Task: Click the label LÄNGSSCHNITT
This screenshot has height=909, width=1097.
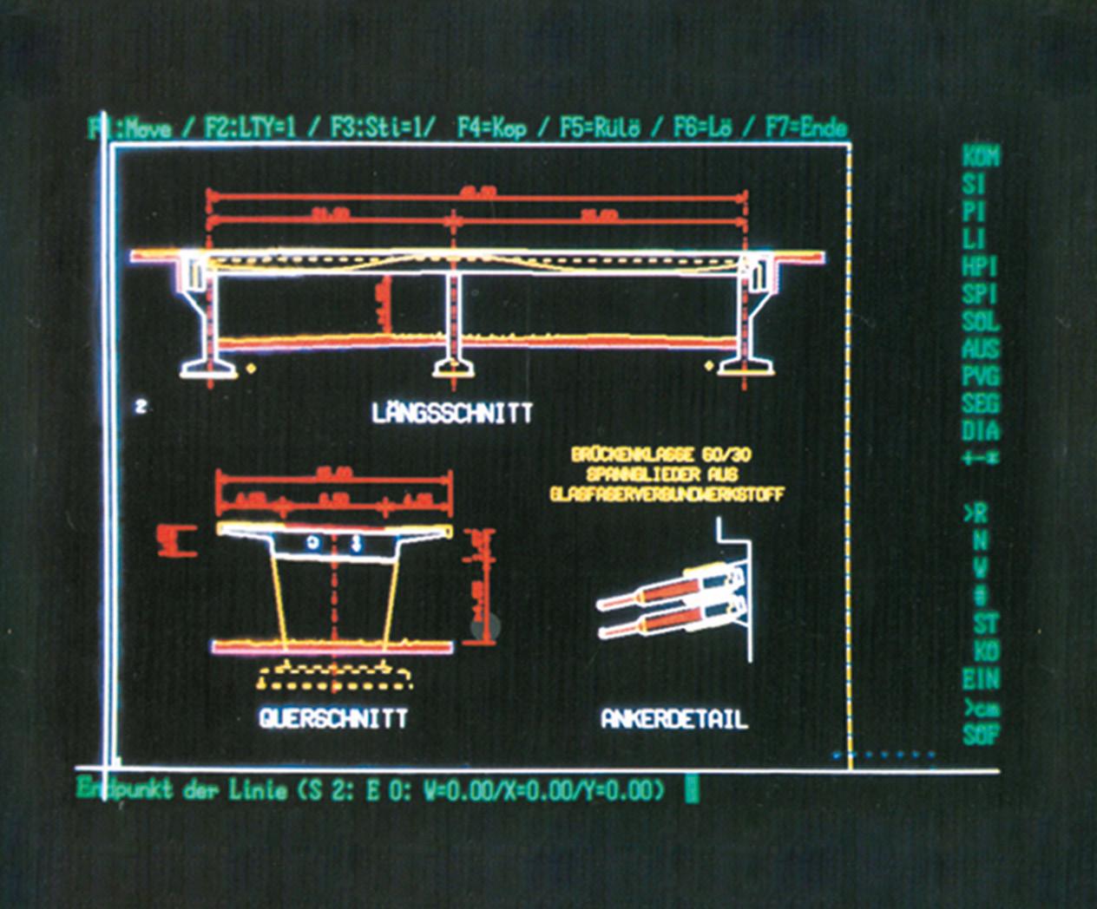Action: [x=451, y=413]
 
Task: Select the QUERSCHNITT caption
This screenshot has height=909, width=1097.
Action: [x=333, y=718]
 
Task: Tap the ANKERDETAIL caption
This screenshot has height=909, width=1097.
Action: [x=674, y=719]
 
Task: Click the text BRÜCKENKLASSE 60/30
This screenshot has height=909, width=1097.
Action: [x=660, y=454]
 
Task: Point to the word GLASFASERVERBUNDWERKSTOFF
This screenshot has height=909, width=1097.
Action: [x=667, y=494]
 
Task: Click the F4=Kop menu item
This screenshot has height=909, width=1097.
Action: [x=491, y=128]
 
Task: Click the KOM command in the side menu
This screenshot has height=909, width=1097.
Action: [x=981, y=156]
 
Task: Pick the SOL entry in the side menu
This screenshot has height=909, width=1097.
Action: [x=981, y=322]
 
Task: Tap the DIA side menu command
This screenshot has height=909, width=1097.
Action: [x=981, y=430]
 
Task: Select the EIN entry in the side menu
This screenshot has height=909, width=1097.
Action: [x=981, y=679]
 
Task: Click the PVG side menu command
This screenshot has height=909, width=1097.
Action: [x=981, y=376]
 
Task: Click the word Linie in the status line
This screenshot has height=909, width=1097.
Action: [x=258, y=790]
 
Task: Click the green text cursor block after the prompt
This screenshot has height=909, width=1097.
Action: [x=692, y=790]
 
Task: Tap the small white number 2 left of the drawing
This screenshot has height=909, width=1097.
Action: [x=141, y=405]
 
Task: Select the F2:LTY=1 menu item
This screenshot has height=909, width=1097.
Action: [x=250, y=128]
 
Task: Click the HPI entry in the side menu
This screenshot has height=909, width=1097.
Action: [x=981, y=266]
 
